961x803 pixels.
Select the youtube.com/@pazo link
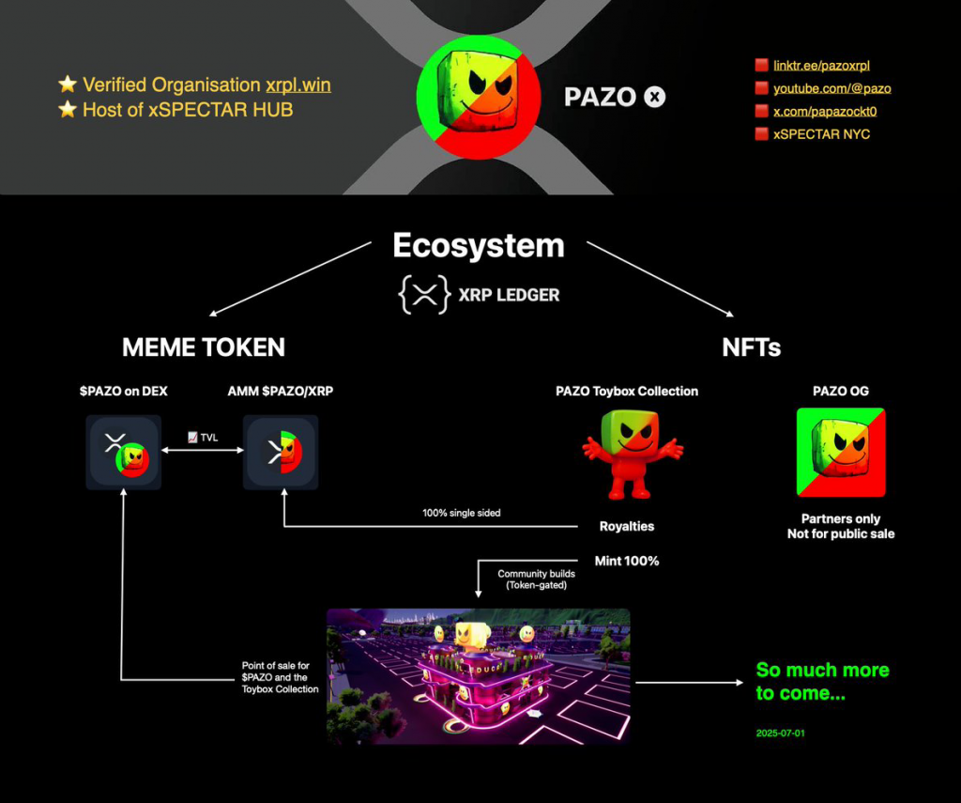click(831, 88)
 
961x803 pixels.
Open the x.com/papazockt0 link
click(825, 111)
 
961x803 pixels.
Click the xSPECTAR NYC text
click(821, 134)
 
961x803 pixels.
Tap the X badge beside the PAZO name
click(655, 97)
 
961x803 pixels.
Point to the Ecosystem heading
click(479, 245)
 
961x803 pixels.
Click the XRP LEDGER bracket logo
click(424, 295)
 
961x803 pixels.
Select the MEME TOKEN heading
click(204, 347)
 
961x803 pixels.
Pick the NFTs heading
click(751, 347)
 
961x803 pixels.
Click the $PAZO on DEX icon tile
click(123, 452)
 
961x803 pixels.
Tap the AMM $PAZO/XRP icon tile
click(281, 452)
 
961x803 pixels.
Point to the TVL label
click(203, 437)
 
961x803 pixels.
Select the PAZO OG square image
click(840, 452)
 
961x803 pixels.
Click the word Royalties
click(627, 527)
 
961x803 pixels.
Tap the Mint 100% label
click(627, 561)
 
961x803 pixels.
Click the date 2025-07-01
click(780, 732)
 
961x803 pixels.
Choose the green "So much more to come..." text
click(822, 682)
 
